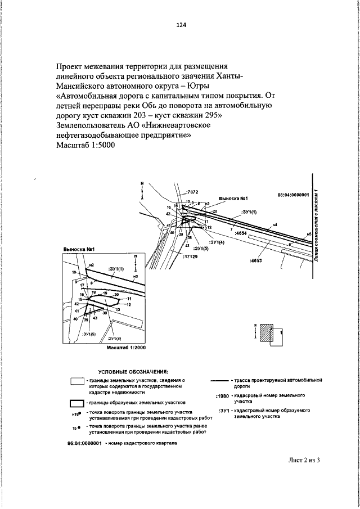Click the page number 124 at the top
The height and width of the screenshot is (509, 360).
coord(181,25)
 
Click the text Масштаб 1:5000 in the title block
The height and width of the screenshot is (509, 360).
coord(85,146)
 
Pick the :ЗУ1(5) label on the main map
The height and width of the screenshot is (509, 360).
coord(200,247)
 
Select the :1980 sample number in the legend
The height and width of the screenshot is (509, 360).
coord(222,397)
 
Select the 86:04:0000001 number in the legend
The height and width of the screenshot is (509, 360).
coord(84,443)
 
